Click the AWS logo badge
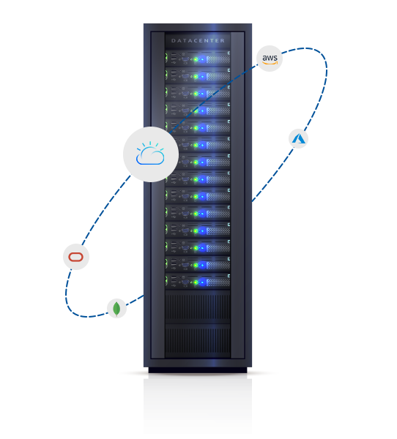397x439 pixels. point(270,59)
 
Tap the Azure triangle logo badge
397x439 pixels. point(298,138)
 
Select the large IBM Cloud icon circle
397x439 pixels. point(151,154)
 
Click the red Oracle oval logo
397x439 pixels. point(76,257)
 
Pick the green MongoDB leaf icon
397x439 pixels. point(116,309)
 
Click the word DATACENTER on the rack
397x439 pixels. point(198,40)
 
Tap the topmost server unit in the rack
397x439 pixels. point(198,59)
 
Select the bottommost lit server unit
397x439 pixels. point(198,281)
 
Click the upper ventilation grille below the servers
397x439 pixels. point(198,307)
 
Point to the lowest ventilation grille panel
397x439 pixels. point(198,340)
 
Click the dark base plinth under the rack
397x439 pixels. point(198,370)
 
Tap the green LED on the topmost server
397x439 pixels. point(196,60)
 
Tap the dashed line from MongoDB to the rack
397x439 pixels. point(135,300)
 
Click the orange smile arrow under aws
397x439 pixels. point(270,63)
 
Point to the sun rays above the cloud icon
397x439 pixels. point(150,145)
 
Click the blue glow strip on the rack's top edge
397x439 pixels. point(214,28)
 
